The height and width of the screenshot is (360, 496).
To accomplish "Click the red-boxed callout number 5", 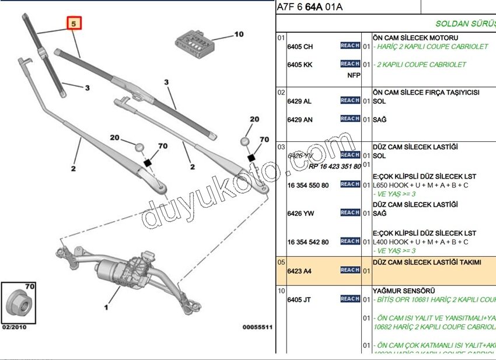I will coord(74,24).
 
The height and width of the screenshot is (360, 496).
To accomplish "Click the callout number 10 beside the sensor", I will coord(239,34).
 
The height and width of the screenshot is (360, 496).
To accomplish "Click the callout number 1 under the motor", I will coord(106,306).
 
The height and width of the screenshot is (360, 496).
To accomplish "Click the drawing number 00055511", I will coord(257,327).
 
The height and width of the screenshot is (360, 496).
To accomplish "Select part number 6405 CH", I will coord(300,47).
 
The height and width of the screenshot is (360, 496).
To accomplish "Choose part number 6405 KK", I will coord(300,65).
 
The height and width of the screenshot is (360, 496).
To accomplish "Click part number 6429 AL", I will coord(299,102).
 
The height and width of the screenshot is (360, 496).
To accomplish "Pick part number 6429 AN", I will coord(300,120).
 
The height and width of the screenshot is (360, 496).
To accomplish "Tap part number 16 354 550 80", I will coord(308,186).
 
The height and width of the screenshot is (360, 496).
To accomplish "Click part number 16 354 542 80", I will coord(308,242).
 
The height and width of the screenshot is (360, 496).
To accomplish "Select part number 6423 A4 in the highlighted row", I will coord(299,271).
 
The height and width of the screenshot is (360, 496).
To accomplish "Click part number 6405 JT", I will coord(299,300).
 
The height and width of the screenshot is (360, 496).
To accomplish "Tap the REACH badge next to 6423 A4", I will coord(350,270).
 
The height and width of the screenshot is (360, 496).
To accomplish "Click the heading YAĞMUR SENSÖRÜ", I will coord(403,291).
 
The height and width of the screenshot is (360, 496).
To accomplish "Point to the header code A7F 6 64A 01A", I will coord(310,7).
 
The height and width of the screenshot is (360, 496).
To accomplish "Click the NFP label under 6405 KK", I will coord(354,75).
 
